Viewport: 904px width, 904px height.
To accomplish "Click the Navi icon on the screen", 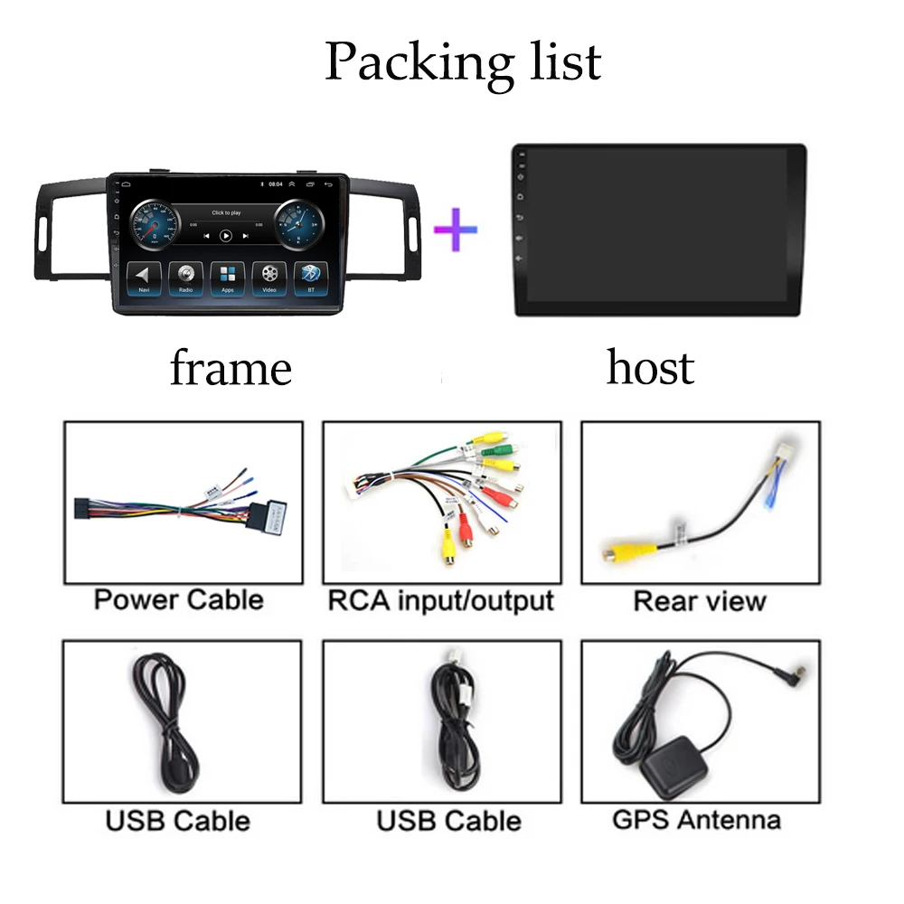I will pos(143,276).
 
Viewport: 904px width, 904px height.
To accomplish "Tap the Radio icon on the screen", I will pos(185,276).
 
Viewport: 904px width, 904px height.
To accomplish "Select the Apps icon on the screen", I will pos(227,276).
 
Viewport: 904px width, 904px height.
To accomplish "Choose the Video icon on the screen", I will pos(268,276).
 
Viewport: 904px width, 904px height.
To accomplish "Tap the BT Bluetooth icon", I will pos(310,276).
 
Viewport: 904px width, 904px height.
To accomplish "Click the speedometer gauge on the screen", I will pos(155,226).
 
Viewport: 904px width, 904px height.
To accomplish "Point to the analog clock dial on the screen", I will pos(297,226).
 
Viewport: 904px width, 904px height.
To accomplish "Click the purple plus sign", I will pos(456,230).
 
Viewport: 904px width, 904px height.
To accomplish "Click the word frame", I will pos(231,369).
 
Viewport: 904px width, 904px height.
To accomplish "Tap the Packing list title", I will pos(463,61).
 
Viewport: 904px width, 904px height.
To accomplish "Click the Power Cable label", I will pos(179,599).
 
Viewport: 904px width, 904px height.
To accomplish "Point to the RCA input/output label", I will pos(440,600).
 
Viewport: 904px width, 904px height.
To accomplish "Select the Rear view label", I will pos(700,601).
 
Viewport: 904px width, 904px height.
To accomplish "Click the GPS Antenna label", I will pos(696,820).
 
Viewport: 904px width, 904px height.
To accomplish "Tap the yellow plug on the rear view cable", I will pos(617,551).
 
